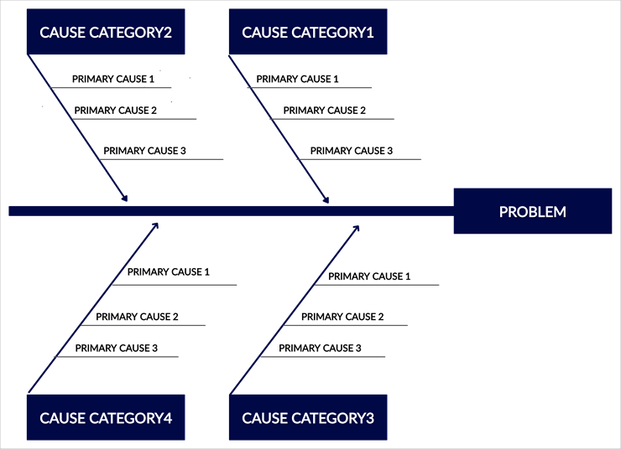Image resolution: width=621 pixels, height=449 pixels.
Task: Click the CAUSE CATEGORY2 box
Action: (106, 33)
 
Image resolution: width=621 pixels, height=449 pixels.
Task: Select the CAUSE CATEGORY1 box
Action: (308, 33)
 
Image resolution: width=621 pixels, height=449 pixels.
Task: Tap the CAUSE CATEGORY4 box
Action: (106, 417)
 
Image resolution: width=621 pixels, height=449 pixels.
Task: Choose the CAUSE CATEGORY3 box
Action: (308, 417)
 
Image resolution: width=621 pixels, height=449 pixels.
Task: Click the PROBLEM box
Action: (532, 211)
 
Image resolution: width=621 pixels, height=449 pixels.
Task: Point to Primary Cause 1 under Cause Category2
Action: (113, 79)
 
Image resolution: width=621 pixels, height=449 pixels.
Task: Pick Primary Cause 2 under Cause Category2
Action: (116, 110)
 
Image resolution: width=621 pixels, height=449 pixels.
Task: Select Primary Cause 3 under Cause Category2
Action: (144, 151)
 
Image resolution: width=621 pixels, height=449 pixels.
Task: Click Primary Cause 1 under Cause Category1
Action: (297, 79)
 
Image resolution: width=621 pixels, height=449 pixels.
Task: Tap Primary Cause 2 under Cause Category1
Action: (325, 110)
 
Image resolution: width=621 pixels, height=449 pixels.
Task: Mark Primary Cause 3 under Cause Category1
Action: (352, 151)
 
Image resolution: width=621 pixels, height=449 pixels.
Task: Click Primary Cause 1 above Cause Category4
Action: (169, 271)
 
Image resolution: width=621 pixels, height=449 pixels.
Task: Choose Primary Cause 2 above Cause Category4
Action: (137, 317)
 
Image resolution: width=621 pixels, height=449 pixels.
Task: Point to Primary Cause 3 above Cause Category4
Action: (117, 348)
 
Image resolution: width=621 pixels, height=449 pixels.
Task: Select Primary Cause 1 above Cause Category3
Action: (369, 276)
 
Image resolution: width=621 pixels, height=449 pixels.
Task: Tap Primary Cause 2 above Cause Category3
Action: (342, 317)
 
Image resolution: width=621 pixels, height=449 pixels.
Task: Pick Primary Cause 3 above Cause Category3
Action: (320, 348)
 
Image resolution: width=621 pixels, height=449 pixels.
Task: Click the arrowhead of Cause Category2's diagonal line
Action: (127, 199)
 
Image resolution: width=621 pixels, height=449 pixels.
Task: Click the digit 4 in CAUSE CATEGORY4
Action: (167, 417)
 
